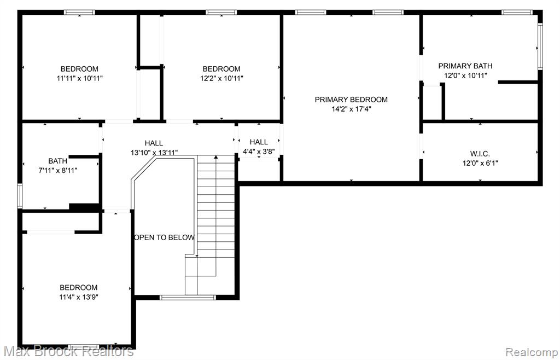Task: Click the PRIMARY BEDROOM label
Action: (351, 100)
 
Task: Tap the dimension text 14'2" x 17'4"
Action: (351, 109)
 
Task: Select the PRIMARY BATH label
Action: (465, 66)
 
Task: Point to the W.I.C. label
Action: (480, 154)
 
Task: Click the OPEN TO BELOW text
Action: (164, 237)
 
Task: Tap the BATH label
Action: (57, 161)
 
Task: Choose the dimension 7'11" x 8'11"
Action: (57, 170)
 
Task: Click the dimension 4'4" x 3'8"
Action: (259, 152)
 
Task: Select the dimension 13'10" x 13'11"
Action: (154, 153)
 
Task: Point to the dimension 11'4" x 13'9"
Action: (79, 297)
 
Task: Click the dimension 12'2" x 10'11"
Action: (222, 78)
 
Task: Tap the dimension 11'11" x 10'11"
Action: (80, 78)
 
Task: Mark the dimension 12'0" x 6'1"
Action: (480, 163)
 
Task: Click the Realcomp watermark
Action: (532, 351)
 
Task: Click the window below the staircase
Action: (188, 298)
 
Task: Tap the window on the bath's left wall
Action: (20, 196)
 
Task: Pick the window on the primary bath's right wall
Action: (540, 47)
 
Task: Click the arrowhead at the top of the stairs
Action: (215, 157)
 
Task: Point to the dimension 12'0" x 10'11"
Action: (465, 76)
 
